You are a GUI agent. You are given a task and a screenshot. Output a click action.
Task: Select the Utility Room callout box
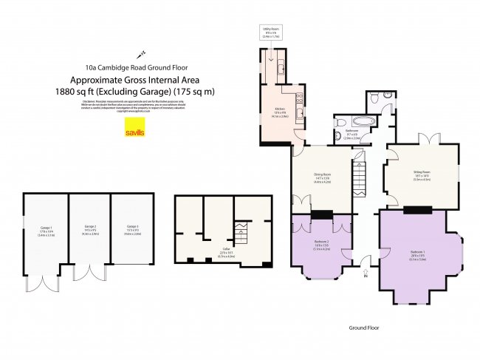tap(271, 33)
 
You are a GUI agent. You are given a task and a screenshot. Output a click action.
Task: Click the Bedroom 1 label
tap(418, 254)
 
